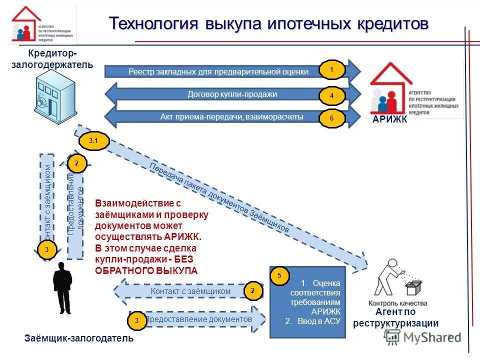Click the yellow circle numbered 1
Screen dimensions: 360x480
click(331, 70)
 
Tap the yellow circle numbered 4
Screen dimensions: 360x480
click(331, 95)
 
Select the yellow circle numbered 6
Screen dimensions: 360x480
click(331, 119)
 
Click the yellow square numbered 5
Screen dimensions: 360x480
click(279, 275)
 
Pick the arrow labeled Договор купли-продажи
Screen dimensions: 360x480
click(232, 94)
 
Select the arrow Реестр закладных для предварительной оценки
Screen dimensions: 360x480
click(218, 72)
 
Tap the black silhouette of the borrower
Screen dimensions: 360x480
click(63, 290)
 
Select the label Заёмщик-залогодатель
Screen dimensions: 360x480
click(79, 338)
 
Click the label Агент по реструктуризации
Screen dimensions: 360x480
click(395, 317)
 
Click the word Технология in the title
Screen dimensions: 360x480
click(148, 24)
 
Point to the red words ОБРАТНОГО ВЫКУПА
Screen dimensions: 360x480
click(146, 270)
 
